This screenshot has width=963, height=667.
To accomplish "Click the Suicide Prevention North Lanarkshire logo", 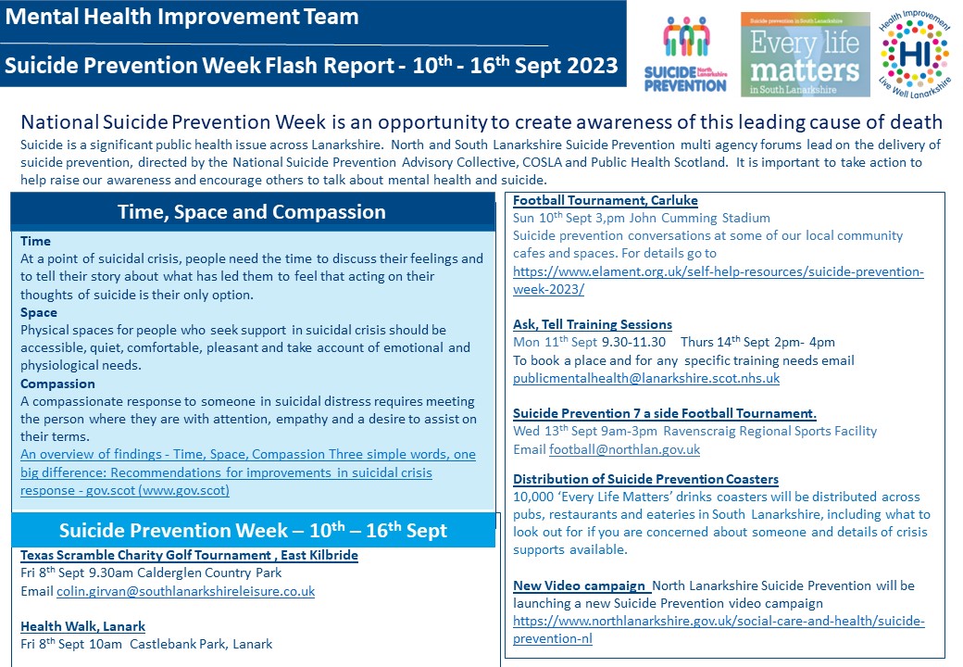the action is pos(685,54).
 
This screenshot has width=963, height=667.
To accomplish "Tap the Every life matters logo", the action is pos(806,55).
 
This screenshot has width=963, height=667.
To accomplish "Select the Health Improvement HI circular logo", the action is pos(915,54).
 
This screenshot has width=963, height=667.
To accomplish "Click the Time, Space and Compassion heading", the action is pos(252,212).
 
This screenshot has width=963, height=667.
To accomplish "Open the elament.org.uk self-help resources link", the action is pos(718,280).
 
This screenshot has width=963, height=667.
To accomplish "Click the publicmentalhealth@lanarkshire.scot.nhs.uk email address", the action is pos(646,378).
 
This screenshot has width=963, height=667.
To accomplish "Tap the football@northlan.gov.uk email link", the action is pos(625,449).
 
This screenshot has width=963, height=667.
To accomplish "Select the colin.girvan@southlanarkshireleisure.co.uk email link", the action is pos(185,591).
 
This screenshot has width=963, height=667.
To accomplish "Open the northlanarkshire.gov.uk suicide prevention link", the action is pos(719,630).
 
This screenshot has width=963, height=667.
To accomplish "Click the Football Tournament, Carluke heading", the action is pos(605,200).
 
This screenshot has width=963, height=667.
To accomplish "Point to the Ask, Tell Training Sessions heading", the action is pos(593,324).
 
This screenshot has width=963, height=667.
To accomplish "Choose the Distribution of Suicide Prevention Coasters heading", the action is pos(645,479).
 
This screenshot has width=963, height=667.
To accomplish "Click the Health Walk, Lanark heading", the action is pos(83,626).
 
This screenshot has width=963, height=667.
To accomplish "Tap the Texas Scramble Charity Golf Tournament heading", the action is pos(189,555).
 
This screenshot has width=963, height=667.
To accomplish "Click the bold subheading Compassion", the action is pos(57,384).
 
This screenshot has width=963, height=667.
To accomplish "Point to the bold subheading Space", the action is pos(39,312).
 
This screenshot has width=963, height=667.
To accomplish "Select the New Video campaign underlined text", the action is pos(579,585).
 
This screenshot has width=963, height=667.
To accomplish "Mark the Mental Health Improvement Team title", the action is pos(181,17).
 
